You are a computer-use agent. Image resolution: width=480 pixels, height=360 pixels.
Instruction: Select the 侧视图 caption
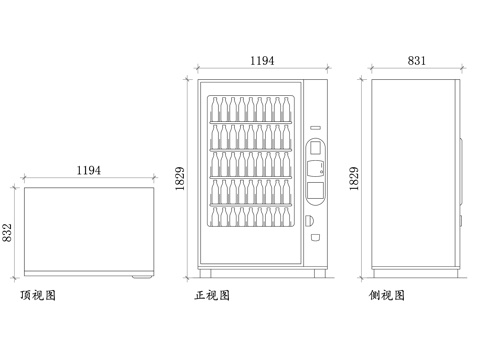pyautogui.click(x=386, y=296)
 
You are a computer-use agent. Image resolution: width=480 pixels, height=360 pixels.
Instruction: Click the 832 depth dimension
pyautogui.click(x=8, y=232)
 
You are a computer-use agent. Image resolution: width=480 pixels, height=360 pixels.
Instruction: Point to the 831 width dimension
pyautogui.click(x=417, y=61)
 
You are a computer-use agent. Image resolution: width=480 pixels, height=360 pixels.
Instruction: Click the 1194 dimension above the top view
pyautogui.click(x=88, y=171)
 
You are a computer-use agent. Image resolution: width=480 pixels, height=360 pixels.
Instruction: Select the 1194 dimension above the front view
pyautogui.click(x=262, y=61)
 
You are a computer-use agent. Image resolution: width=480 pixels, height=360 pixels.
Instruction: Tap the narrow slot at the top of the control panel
pyautogui.click(x=314, y=127)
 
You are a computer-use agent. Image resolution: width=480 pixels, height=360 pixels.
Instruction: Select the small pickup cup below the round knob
pyautogui.click(x=314, y=238)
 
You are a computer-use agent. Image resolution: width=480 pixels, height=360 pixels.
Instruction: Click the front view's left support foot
pyautogui.click(x=205, y=272)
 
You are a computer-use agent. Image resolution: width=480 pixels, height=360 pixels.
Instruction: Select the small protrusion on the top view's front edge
pyautogui.click(x=144, y=275)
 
